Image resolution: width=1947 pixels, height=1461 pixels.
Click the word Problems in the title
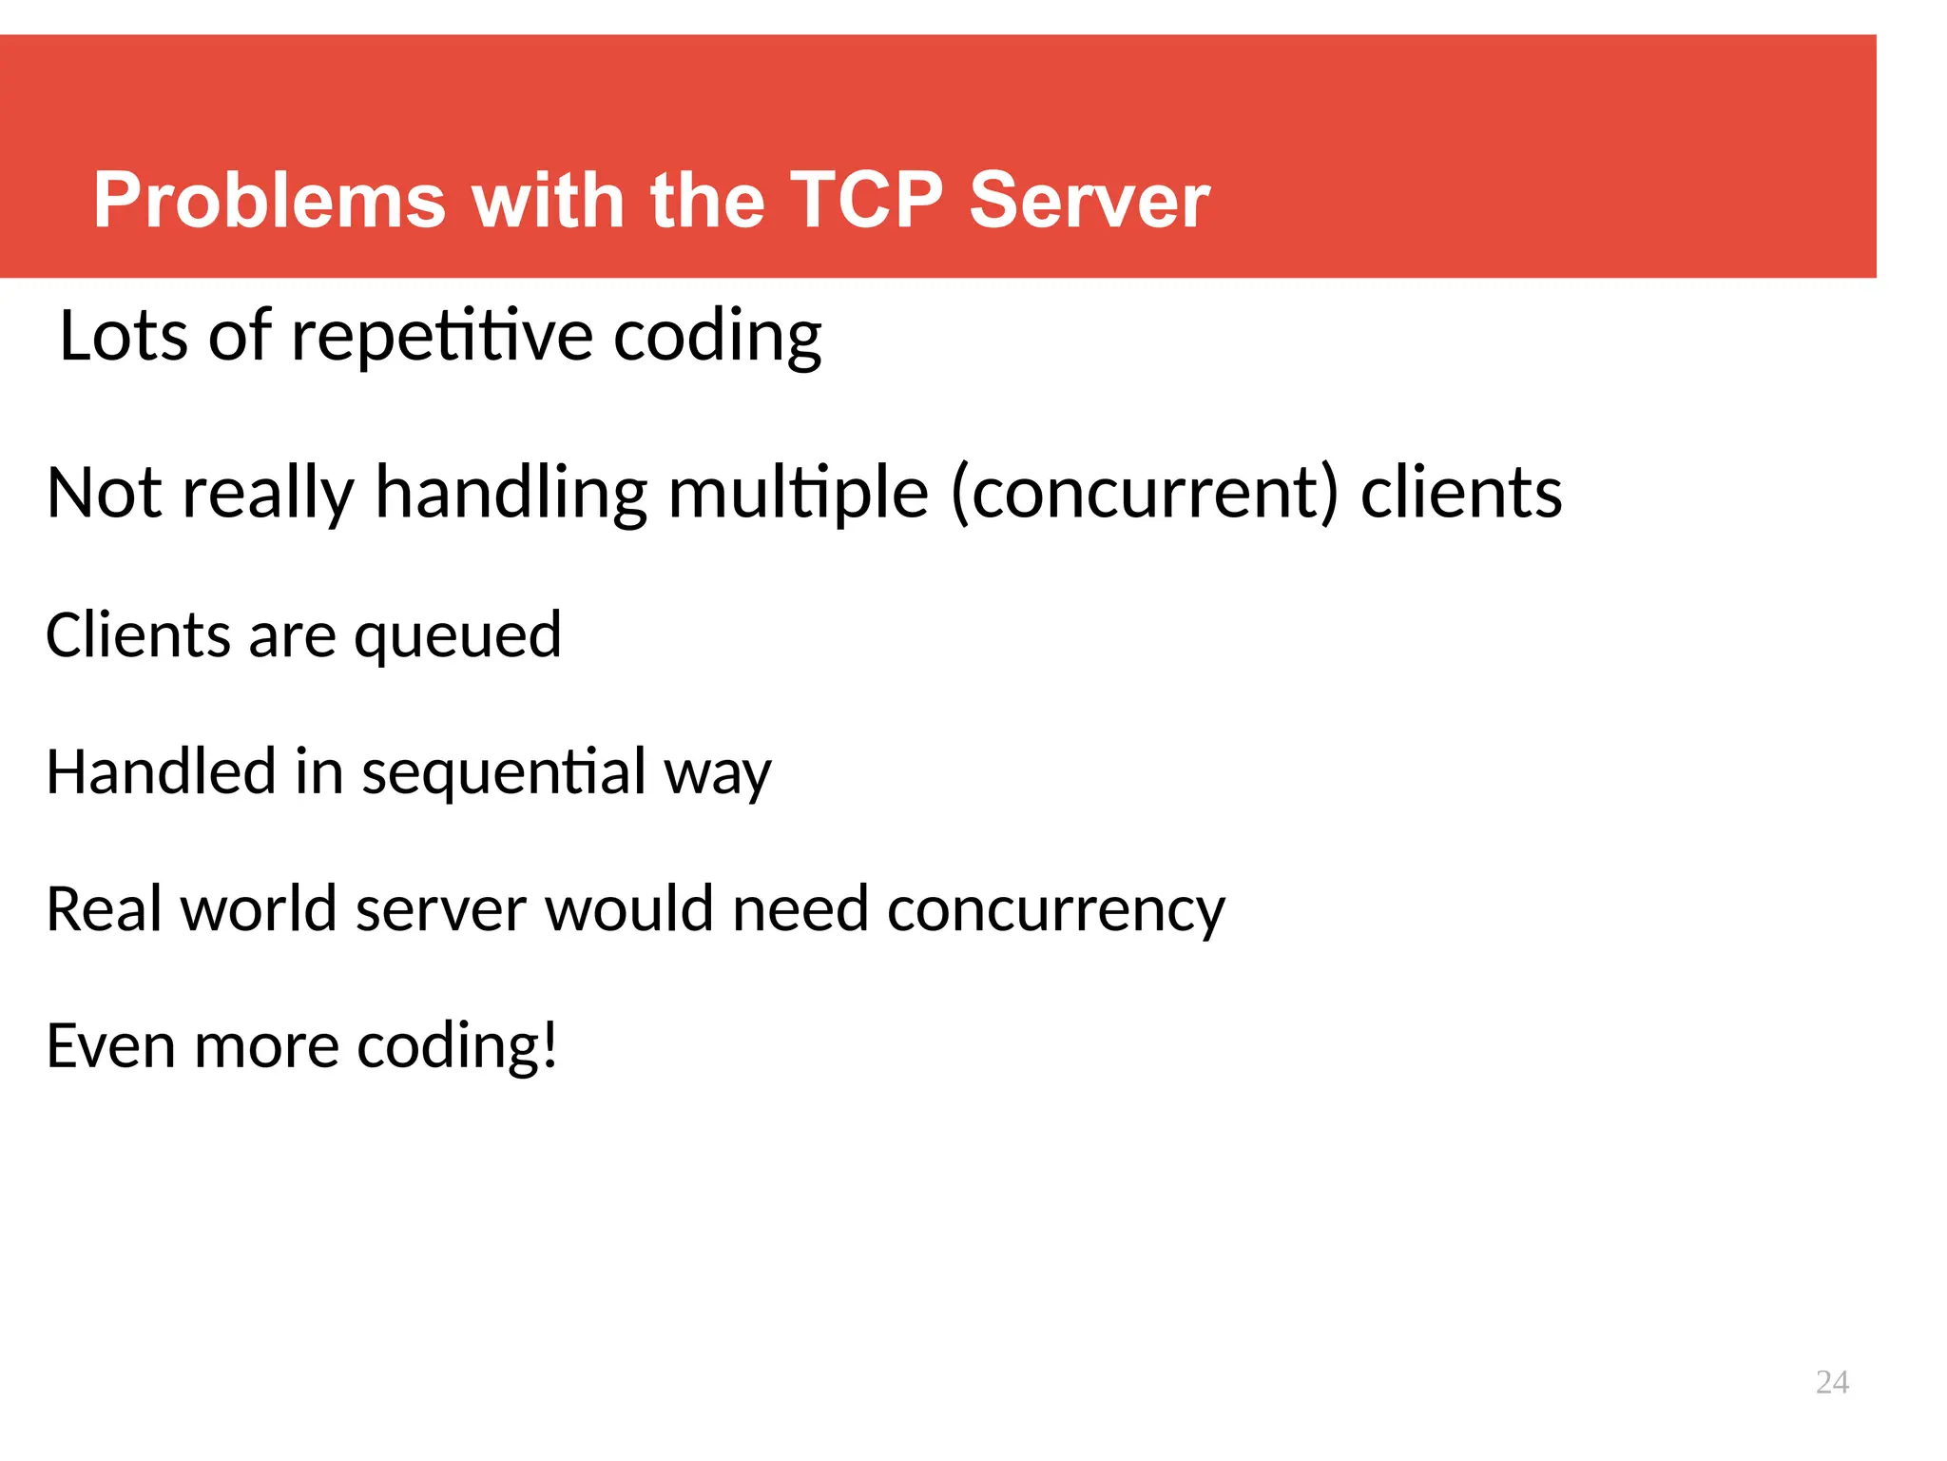[269, 201]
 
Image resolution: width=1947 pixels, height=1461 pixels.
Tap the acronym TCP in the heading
[866, 201]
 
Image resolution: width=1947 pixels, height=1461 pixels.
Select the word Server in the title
[1089, 201]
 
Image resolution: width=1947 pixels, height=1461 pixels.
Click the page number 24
[1831, 1382]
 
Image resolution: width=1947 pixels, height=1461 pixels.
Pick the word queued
[458, 637]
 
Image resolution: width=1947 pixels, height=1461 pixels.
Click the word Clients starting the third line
[138, 635]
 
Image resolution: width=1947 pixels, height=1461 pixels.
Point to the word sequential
[504, 773]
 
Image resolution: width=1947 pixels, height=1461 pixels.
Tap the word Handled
[161, 771]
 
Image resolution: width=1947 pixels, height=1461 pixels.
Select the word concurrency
[1055, 910]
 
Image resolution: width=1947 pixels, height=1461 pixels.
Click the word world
[259, 909]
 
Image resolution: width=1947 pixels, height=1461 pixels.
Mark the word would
[628, 909]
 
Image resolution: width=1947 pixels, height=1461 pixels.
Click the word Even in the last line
[110, 1046]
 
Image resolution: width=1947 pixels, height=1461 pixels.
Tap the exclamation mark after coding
[549, 1046]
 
